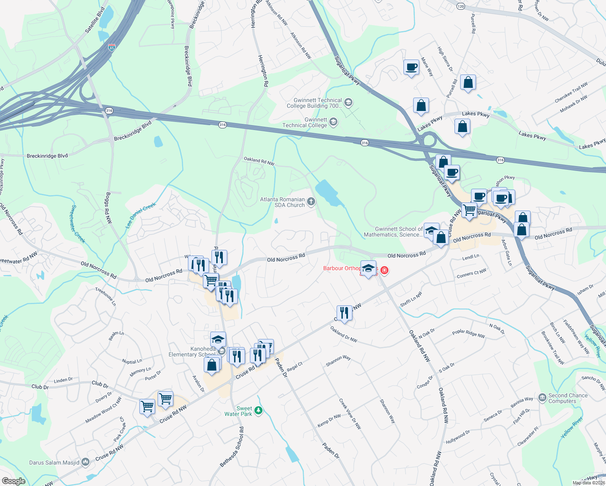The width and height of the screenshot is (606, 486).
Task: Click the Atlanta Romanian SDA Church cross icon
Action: [311, 202]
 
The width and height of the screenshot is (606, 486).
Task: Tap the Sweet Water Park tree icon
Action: [258, 411]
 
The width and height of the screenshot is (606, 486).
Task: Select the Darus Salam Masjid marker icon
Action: [85, 462]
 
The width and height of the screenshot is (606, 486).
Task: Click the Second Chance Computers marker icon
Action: [542, 398]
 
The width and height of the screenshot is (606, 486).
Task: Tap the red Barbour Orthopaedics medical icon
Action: [384, 270]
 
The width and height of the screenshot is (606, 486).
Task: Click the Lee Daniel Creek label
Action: [141, 215]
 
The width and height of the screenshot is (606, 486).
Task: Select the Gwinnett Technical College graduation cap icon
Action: [333, 122]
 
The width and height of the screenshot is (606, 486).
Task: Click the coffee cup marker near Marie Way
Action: [411, 67]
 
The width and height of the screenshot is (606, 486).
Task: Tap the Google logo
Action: [13, 481]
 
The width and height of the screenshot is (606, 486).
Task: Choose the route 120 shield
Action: [461, 6]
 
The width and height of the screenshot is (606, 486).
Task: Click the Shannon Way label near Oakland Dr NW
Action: [338, 360]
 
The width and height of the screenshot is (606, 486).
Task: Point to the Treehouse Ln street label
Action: [105, 296]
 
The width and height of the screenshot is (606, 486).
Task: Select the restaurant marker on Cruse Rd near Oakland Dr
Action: [344, 313]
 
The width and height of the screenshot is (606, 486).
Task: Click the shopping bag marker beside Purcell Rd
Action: [468, 83]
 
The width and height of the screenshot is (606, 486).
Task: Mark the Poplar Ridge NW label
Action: [468, 334]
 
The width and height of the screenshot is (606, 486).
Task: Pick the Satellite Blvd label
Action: [95, 20]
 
